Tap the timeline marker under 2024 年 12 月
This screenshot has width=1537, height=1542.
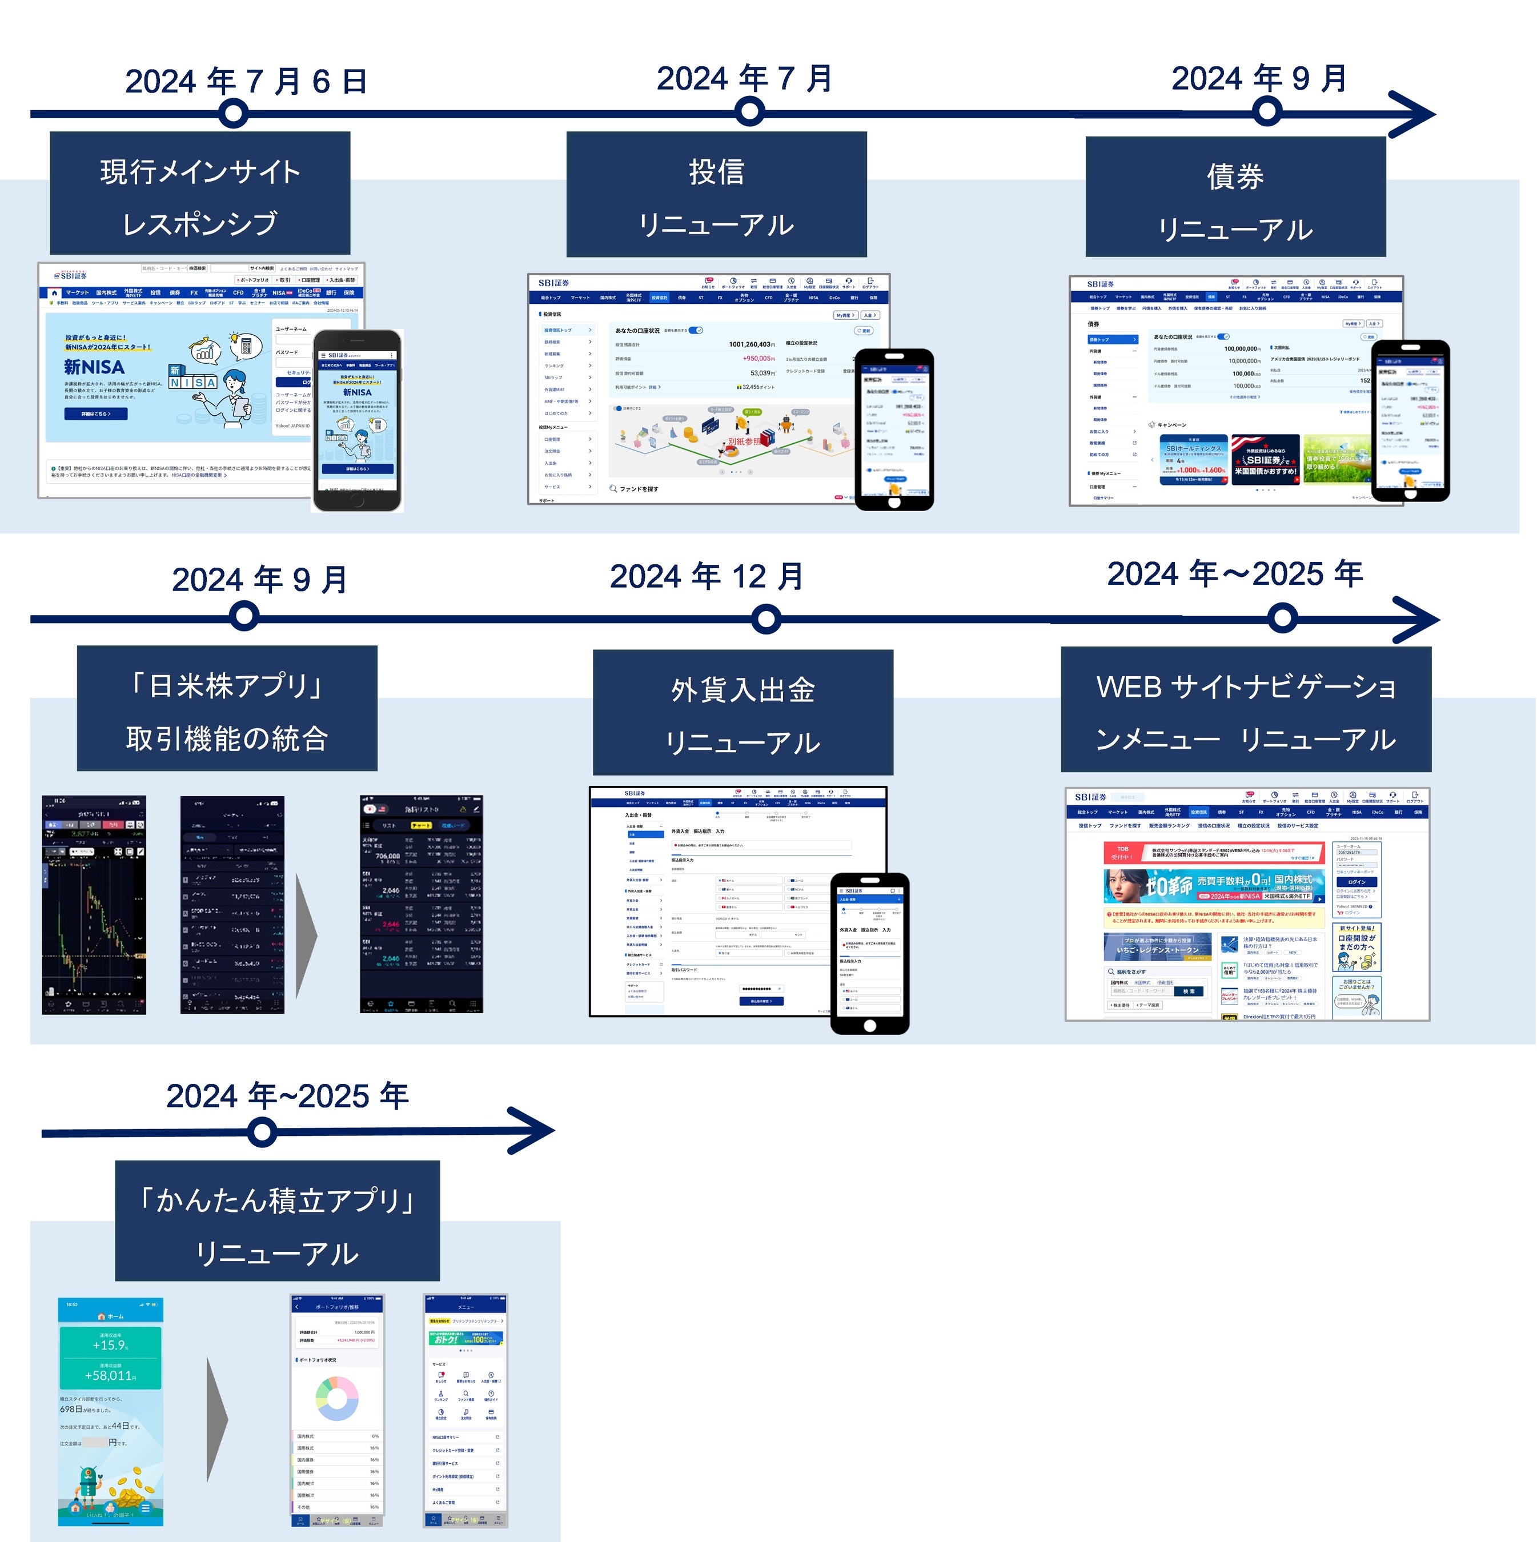click(765, 619)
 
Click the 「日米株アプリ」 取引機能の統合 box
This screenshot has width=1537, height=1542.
click(227, 709)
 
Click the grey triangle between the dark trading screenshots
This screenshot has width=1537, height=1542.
click(307, 936)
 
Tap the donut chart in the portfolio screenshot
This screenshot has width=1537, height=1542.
click(337, 1399)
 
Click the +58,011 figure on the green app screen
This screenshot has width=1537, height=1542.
click(110, 1375)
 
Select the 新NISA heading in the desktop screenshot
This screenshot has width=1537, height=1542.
click(94, 368)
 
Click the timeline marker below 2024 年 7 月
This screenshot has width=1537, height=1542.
click(749, 112)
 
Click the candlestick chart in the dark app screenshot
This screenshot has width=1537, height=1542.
click(93, 926)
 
